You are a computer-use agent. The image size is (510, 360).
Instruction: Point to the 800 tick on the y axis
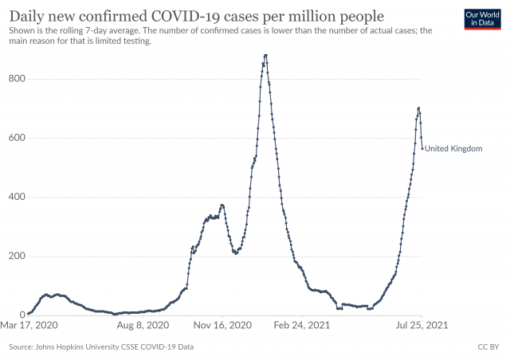click(16, 79)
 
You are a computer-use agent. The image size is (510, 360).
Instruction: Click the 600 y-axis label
click(16, 138)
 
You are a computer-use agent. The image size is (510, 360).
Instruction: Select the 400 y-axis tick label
click(16, 197)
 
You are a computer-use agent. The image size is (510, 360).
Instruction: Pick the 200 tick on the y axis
click(16, 256)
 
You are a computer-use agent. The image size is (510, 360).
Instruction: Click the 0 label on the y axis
click(22, 315)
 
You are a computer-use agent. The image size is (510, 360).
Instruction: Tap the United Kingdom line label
click(453, 148)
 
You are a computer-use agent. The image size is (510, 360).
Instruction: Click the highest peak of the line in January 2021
click(265, 55)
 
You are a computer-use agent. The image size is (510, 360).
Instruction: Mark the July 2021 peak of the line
click(418, 108)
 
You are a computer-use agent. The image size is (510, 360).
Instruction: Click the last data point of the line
click(422, 147)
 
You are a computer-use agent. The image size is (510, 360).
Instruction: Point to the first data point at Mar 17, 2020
click(29, 313)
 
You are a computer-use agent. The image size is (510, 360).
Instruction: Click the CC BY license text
click(488, 347)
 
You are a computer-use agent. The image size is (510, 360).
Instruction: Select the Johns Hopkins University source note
click(100, 347)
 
